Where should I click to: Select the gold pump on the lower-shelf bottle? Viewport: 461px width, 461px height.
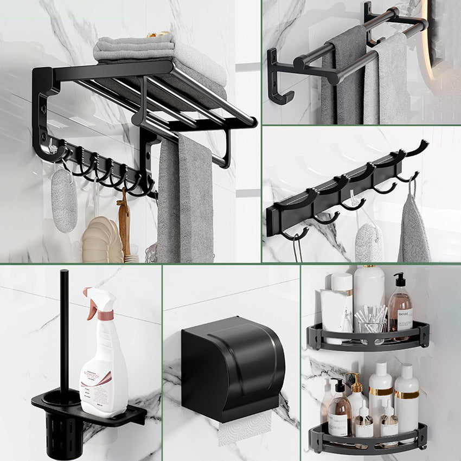pos(356,382)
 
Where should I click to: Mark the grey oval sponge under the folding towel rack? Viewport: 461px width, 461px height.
pos(65,200)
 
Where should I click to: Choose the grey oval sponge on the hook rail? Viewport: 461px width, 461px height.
pos(369,241)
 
